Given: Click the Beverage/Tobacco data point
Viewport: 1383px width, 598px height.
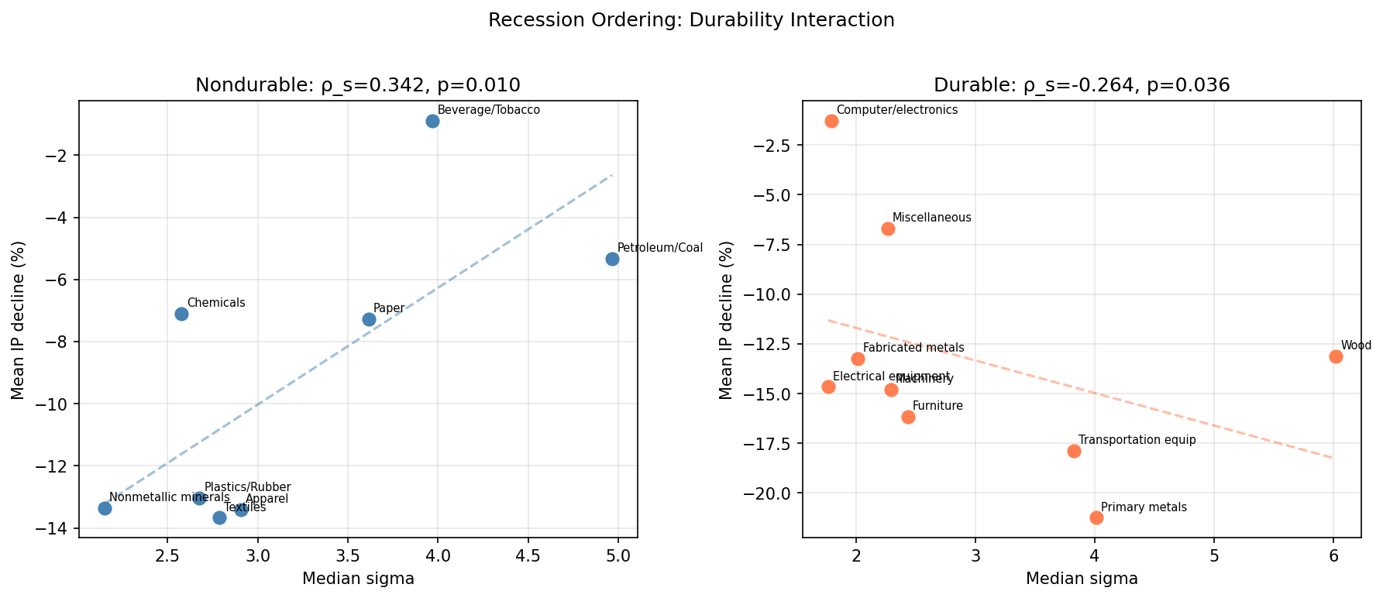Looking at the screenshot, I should pyautogui.click(x=432, y=121).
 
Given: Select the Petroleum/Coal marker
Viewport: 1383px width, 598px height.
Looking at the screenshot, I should pyautogui.click(x=612, y=259).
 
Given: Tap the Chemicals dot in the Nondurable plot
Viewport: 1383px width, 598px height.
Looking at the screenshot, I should pyautogui.click(x=181, y=314).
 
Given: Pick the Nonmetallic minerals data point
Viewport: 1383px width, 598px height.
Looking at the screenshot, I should pyautogui.click(x=105, y=508).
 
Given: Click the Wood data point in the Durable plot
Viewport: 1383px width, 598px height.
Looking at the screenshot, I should pyautogui.click(x=1336, y=356).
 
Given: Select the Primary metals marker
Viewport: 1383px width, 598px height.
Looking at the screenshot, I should pyautogui.click(x=1096, y=517).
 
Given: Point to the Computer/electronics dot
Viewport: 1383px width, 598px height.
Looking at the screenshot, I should pyautogui.click(x=831, y=121).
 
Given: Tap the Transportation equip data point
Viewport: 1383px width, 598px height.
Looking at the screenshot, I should pyautogui.click(x=1074, y=451).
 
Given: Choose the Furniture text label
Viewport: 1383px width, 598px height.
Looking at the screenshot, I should pyautogui.click(x=937, y=406).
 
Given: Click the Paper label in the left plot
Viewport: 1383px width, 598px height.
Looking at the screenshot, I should pyautogui.click(x=388, y=308).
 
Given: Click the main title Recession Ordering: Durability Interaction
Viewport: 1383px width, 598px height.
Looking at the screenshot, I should pyautogui.click(x=691, y=20).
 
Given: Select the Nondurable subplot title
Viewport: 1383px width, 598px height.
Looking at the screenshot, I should pyautogui.click(x=357, y=85).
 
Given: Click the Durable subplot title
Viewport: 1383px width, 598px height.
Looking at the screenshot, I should pyautogui.click(x=1082, y=85).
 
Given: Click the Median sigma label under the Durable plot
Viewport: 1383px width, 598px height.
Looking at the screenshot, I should pyautogui.click(x=1082, y=579).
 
